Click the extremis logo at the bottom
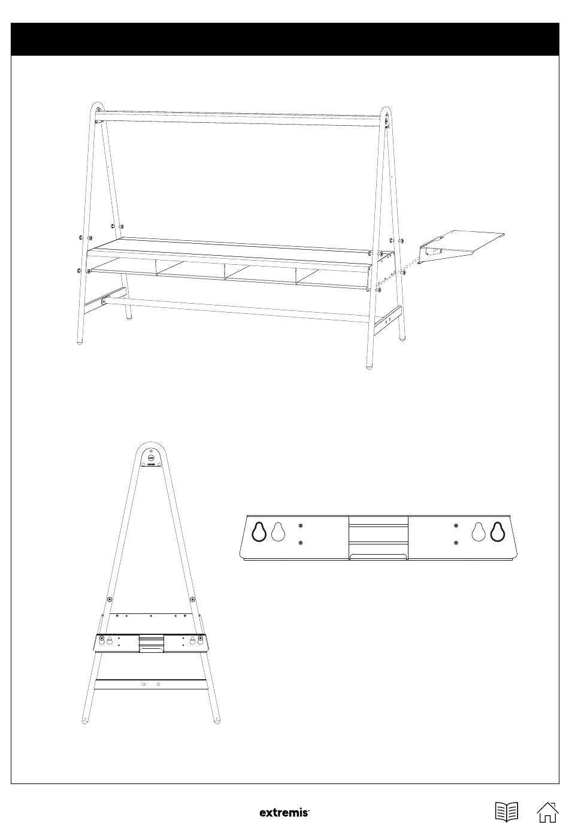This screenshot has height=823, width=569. pos(284,812)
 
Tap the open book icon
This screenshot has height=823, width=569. pos(507,811)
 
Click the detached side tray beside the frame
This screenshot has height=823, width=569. pos(461,246)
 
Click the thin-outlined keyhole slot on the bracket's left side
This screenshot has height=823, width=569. pos(279,532)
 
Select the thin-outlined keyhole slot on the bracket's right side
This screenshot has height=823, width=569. pos(479,532)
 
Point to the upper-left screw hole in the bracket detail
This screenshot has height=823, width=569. pos(301,526)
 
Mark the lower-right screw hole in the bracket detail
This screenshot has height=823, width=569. pos(456,543)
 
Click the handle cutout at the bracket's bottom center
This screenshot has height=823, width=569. pos(379,558)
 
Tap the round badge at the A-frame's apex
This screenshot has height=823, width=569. pos(151,458)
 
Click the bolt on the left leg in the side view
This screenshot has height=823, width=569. pos(110,600)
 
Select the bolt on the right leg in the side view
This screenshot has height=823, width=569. pos(192,600)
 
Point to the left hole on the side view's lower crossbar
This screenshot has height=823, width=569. pos(144,684)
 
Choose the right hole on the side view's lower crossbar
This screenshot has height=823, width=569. pos(158,684)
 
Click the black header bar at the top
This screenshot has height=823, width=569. pos(284,39)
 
